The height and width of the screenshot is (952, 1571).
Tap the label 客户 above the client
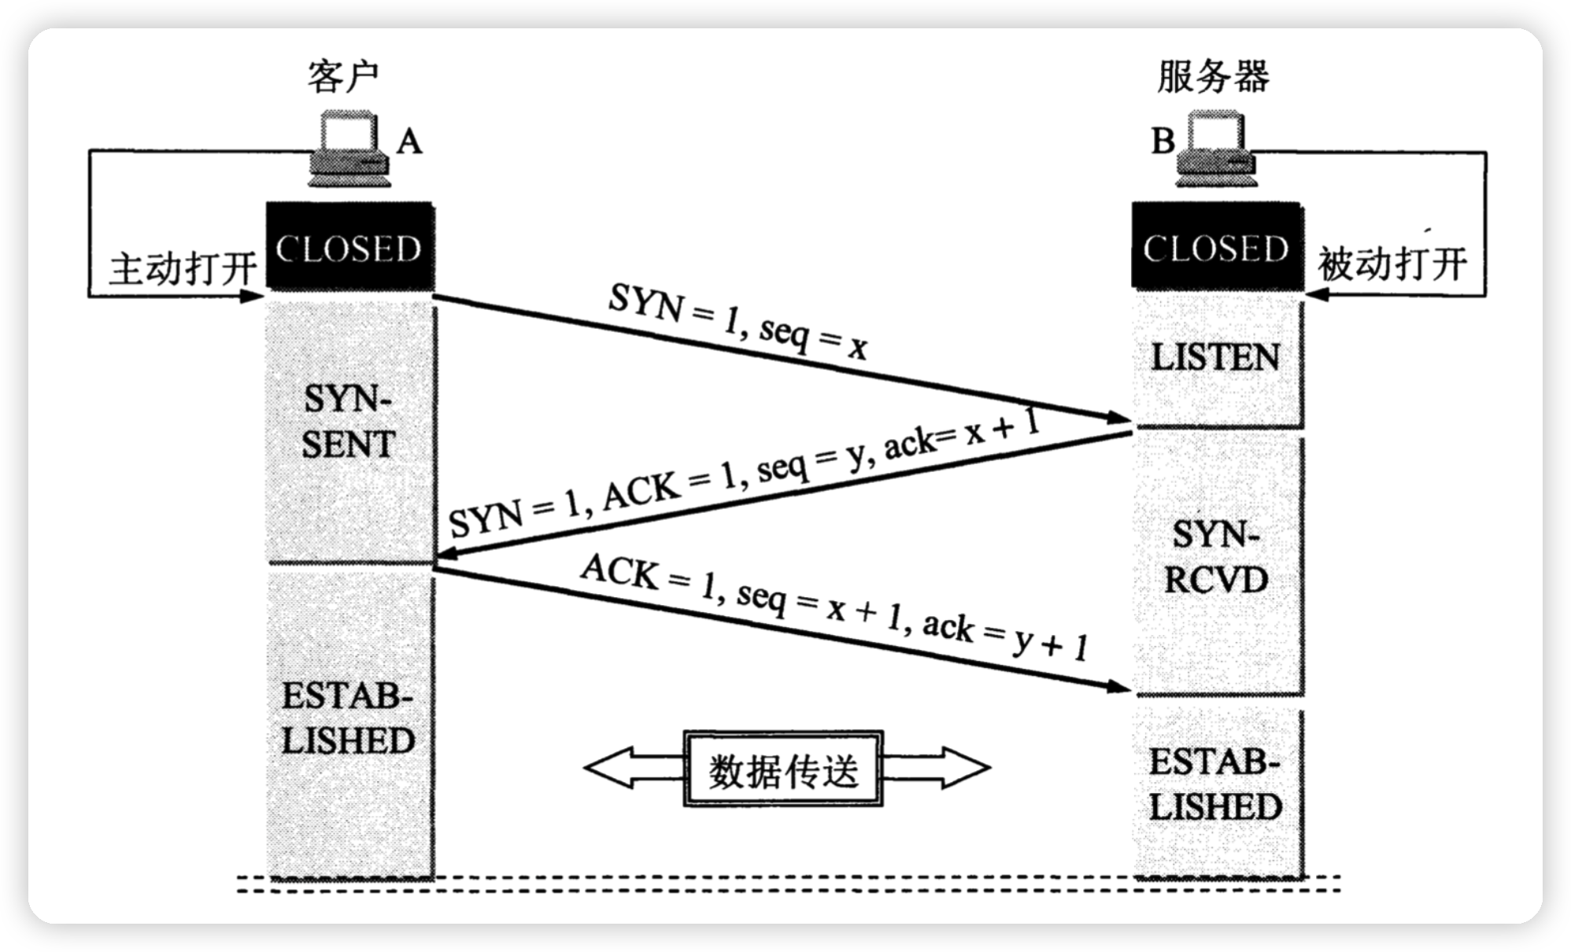pyautogui.click(x=342, y=76)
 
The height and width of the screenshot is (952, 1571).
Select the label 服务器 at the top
pyautogui.click(x=1213, y=76)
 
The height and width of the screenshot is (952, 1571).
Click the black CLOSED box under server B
pyautogui.click(x=1216, y=249)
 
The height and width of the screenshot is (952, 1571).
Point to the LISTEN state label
pyautogui.click(x=1215, y=358)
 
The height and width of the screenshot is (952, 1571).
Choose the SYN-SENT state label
pyautogui.click(x=348, y=422)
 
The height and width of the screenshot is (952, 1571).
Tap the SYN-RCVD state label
pyautogui.click(x=1216, y=558)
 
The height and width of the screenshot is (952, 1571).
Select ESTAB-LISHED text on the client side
pyautogui.click(x=348, y=718)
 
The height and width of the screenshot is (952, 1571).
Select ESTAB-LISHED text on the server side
pyautogui.click(x=1216, y=784)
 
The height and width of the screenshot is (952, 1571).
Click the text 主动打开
pyautogui.click(x=182, y=269)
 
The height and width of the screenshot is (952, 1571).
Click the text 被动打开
pyautogui.click(x=1392, y=264)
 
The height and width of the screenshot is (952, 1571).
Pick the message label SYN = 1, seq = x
pyautogui.click(x=737, y=323)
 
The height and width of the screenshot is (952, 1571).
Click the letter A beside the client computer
pyautogui.click(x=408, y=142)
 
